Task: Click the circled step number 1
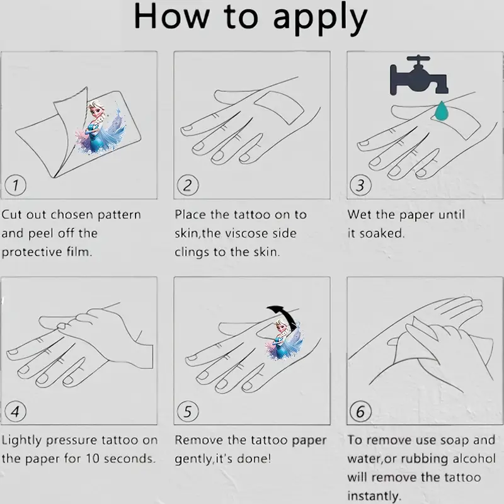(x=15, y=185)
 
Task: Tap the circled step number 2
(x=188, y=185)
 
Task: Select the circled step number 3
(x=360, y=185)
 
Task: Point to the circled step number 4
(x=15, y=411)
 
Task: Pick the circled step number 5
(x=188, y=411)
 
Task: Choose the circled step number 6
(x=360, y=411)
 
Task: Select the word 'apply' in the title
(x=320, y=18)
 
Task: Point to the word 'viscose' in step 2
(x=246, y=234)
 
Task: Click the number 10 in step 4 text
(x=93, y=459)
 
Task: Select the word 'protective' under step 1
(x=31, y=253)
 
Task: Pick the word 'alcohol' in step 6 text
(x=474, y=459)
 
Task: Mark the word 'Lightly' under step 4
(x=21, y=441)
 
